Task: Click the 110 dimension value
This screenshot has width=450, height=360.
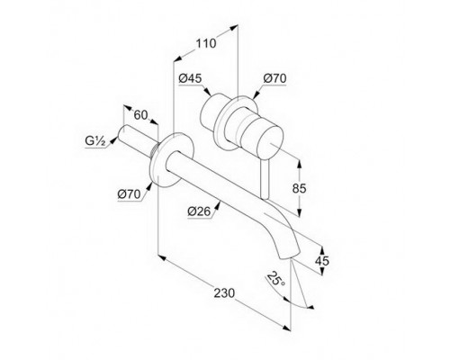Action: pos(206,43)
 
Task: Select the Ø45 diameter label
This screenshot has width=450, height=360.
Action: pos(190,78)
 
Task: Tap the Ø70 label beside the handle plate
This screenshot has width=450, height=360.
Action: pos(274,78)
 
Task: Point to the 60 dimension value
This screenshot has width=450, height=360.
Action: pos(140,115)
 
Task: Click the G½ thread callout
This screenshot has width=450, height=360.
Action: pos(95,141)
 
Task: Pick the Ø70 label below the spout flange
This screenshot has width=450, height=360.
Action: pos(129,194)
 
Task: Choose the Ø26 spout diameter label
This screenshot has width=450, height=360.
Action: pos(199,211)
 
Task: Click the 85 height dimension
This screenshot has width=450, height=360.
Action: pos(300,188)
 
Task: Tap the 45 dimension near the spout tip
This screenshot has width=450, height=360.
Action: pos(322,261)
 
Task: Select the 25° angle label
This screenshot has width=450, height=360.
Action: pos(276,279)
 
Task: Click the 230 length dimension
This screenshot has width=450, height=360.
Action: pos(224,293)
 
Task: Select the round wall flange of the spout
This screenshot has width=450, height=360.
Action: pos(173,159)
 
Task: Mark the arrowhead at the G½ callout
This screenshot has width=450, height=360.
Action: pos(113,140)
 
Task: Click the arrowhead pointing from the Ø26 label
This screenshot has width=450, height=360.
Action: pos(218,204)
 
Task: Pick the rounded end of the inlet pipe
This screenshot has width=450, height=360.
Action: pos(123,132)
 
